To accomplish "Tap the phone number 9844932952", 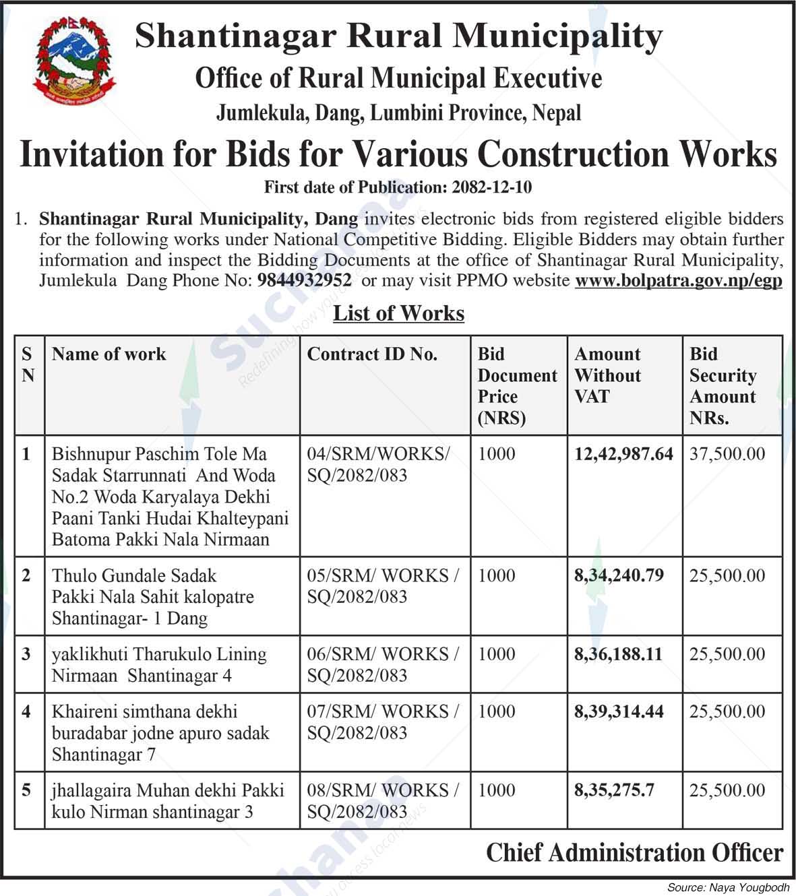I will click(x=304, y=281).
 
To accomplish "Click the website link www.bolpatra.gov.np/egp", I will click(x=678, y=281).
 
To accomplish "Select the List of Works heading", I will click(x=398, y=313).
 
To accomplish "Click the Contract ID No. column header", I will click(x=372, y=354).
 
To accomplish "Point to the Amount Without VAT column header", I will click(x=607, y=375).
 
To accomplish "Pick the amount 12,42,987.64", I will click(x=623, y=454).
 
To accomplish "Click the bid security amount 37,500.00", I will click(x=727, y=454).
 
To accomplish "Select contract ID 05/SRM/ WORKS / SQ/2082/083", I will click(x=382, y=586).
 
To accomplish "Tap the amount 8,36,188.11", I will click(x=618, y=654).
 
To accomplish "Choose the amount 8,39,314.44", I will click(x=619, y=711).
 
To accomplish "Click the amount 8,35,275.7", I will click(x=614, y=790).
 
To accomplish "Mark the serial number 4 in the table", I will click(x=27, y=711).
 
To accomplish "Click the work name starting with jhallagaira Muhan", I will click(x=168, y=801).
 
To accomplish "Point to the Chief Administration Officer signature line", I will click(x=634, y=853).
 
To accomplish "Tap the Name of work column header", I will click(x=109, y=354).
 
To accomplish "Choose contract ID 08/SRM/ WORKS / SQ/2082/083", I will click(x=382, y=801).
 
